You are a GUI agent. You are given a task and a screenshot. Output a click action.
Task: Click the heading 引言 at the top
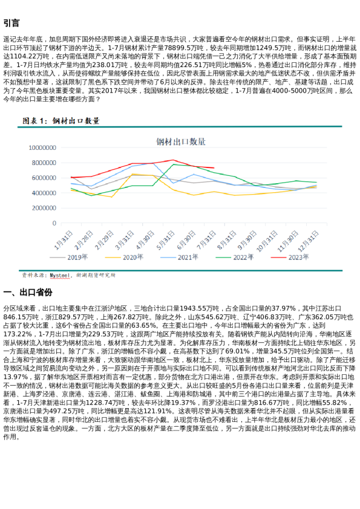(x=11, y=24)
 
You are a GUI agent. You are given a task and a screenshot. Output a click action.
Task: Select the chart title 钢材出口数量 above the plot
(x=181, y=141)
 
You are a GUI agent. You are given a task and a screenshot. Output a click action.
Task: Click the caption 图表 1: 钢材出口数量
(x=61, y=121)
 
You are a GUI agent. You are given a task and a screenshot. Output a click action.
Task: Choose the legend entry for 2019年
(x=73, y=257)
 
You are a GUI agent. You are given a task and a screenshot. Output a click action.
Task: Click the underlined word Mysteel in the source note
(x=60, y=274)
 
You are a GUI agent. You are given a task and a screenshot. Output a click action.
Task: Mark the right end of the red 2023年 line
(x=214, y=168)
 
